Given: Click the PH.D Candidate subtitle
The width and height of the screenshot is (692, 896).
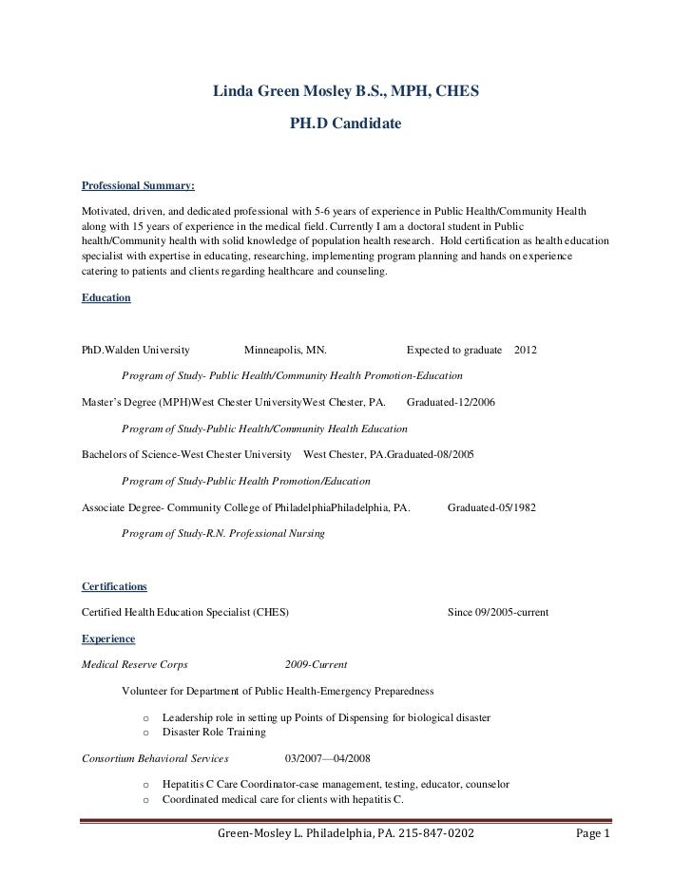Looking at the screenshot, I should [x=345, y=124].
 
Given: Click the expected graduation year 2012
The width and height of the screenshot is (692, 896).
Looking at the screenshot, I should [x=525, y=351].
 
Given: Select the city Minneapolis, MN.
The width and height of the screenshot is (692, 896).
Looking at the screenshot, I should [x=285, y=351].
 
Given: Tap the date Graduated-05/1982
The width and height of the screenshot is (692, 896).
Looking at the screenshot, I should [x=491, y=507].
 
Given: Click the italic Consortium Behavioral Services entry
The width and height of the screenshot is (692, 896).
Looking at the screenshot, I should [x=156, y=759].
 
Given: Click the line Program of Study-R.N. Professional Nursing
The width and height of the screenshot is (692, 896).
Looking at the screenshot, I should [x=223, y=534].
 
